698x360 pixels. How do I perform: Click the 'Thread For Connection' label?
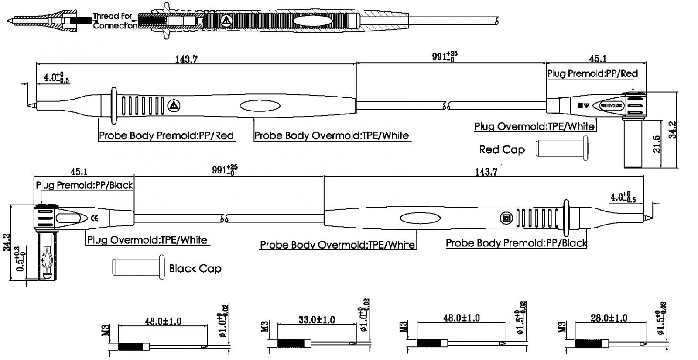[x=114, y=21]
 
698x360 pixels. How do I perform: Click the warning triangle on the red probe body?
[x=174, y=106]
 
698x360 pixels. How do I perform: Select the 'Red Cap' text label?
[x=502, y=150]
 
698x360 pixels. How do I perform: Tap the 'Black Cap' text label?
[x=195, y=268]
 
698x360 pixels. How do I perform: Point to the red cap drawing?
[x=562, y=148]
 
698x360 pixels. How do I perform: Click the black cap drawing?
[x=138, y=267]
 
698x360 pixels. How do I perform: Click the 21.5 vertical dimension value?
[x=657, y=144]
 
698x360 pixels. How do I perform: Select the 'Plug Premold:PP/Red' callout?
[x=592, y=73]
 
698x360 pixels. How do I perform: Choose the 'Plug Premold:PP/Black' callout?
[x=84, y=185]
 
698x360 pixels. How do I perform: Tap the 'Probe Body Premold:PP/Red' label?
[x=166, y=135]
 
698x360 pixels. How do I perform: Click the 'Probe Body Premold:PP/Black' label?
[x=516, y=243]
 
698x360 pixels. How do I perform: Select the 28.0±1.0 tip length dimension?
[x=609, y=318]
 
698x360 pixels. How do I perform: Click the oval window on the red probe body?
[x=260, y=106]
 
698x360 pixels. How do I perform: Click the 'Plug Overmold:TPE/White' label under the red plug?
[x=534, y=127]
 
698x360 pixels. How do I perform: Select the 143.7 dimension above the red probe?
[x=186, y=59]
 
